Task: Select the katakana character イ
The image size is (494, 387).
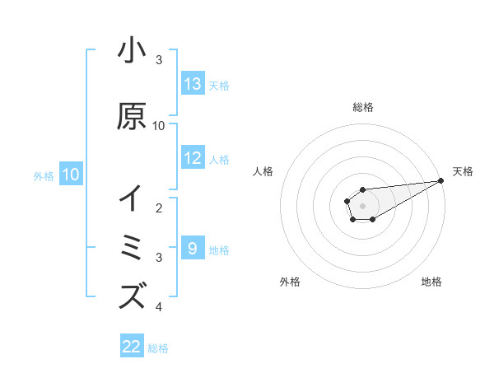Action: [132, 198]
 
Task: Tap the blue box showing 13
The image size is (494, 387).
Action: [193, 83]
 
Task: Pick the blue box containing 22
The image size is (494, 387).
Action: [132, 347]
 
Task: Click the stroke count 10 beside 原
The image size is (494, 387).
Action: [159, 126]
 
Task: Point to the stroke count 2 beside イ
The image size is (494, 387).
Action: [159, 207]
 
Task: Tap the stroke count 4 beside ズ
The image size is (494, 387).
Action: [159, 307]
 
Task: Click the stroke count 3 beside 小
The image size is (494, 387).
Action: [159, 60]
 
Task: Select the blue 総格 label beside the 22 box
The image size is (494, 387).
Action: [158, 348]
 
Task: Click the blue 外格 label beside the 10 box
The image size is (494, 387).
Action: [44, 175]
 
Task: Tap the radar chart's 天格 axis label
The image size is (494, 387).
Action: [463, 171]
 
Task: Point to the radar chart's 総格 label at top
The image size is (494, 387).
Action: [363, 107]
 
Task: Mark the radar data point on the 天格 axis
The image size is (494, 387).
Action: [441, 180]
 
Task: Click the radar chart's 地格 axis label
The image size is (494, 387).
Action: [431, 282]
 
